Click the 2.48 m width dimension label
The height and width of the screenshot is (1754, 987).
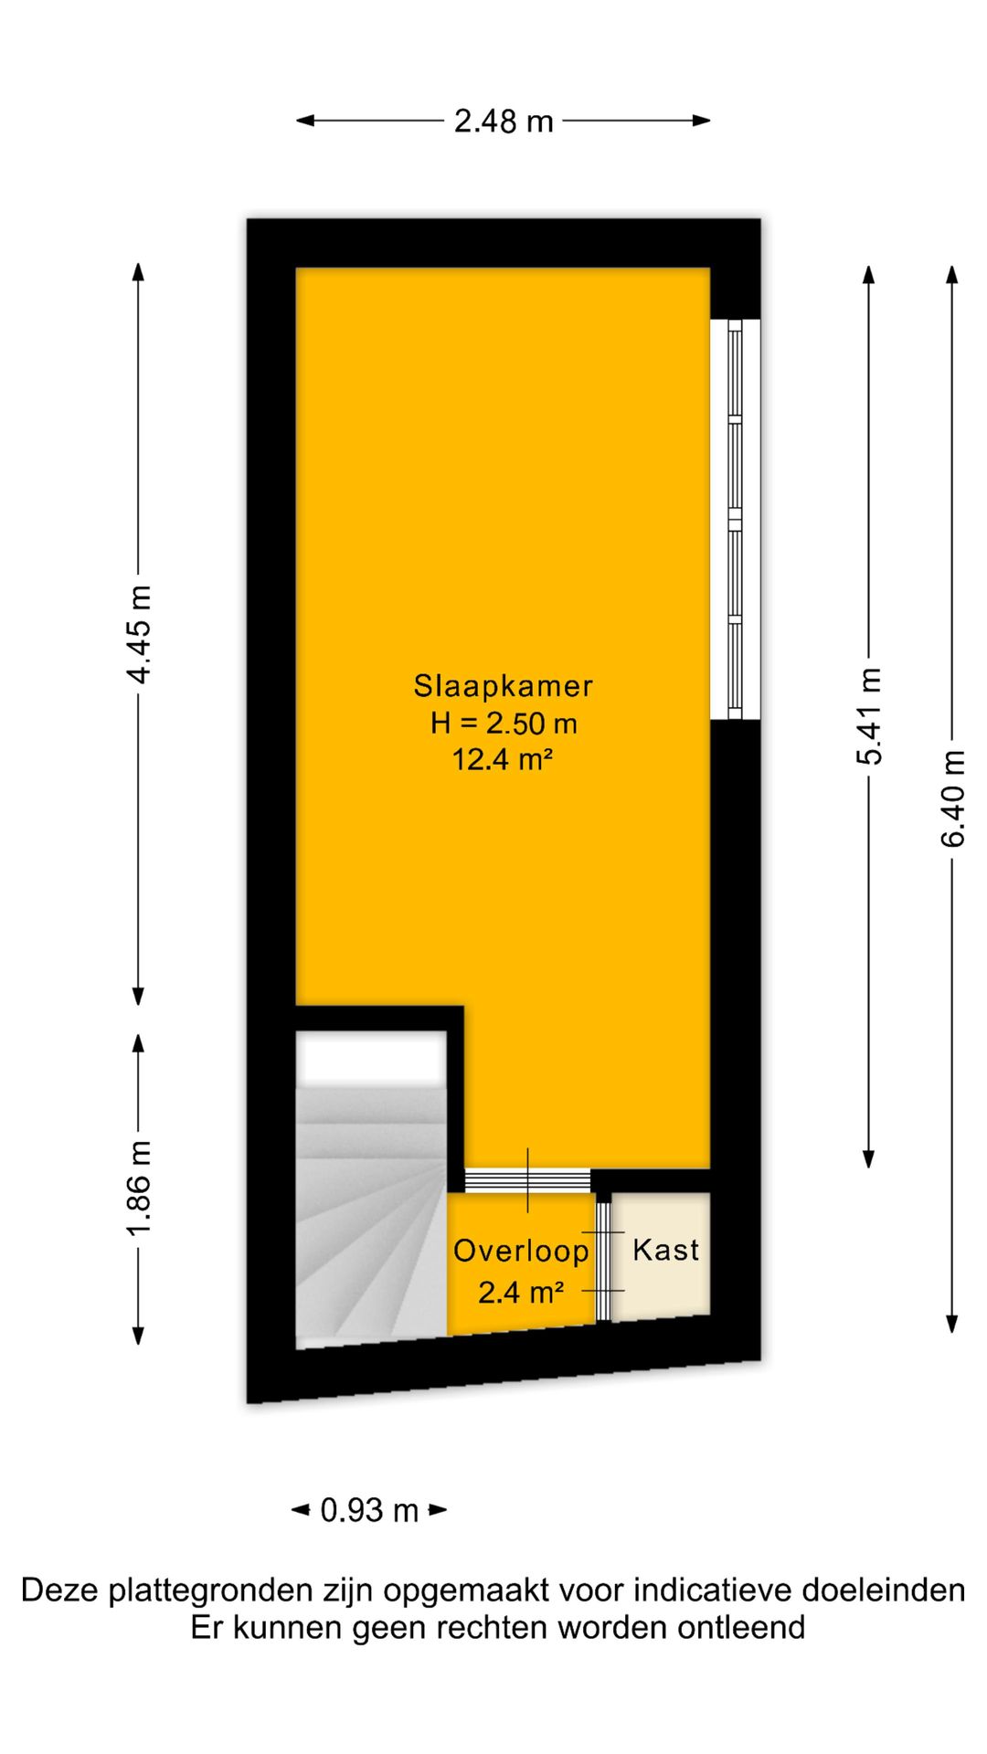click(x=504, y=121)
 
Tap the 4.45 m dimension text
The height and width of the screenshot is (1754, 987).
click(x=140, y=634)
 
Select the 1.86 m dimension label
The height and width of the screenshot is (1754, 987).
click(x=140, y=1189)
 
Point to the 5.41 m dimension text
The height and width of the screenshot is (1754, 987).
click(x=869, y=716)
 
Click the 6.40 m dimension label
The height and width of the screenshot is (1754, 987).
click(x=952, y=798)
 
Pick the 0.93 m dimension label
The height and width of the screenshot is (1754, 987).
click(x=369, y=1510)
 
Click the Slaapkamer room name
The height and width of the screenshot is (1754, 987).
click(x=504, y=685)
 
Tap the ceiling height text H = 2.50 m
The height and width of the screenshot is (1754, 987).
click(x=504, y=724)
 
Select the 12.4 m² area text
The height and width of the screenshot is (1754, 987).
click(x=504, y=759)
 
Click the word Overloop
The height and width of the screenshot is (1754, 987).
click(x=521, y=1251)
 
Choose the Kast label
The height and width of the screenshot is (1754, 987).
click(x=665, y=1250)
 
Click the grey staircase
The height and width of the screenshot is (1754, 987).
click(x=371, y=1205)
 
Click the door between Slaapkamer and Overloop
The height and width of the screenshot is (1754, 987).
click(x=527, y=1180)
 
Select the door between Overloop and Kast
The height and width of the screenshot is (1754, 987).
click(x=603, y=1261)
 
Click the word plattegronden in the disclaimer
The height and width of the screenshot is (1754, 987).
click(x=210, y=1590)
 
